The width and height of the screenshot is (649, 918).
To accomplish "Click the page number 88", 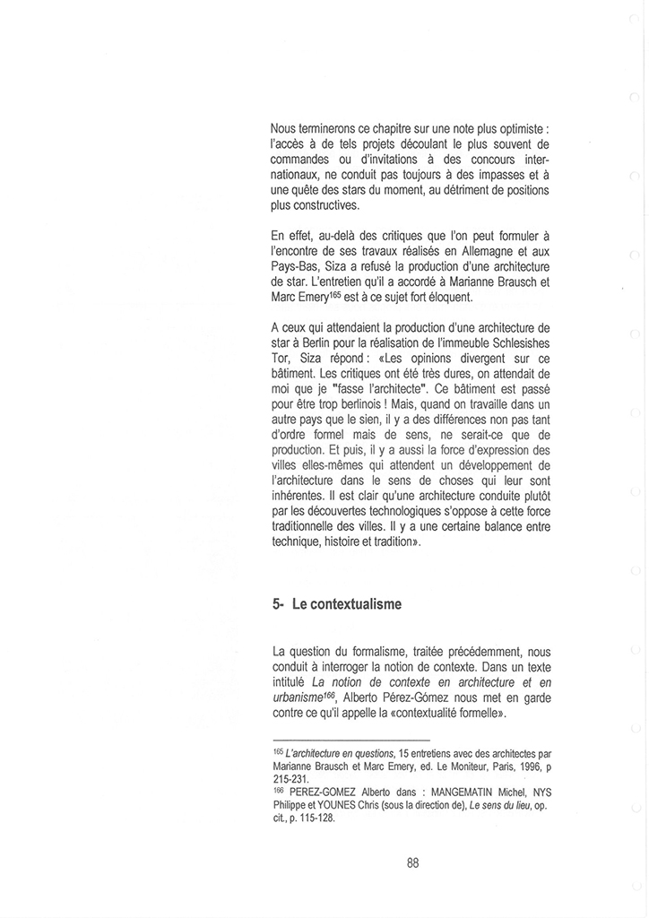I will (x=412, y=863).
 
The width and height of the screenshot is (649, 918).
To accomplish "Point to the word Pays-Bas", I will (x=299, y=268).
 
